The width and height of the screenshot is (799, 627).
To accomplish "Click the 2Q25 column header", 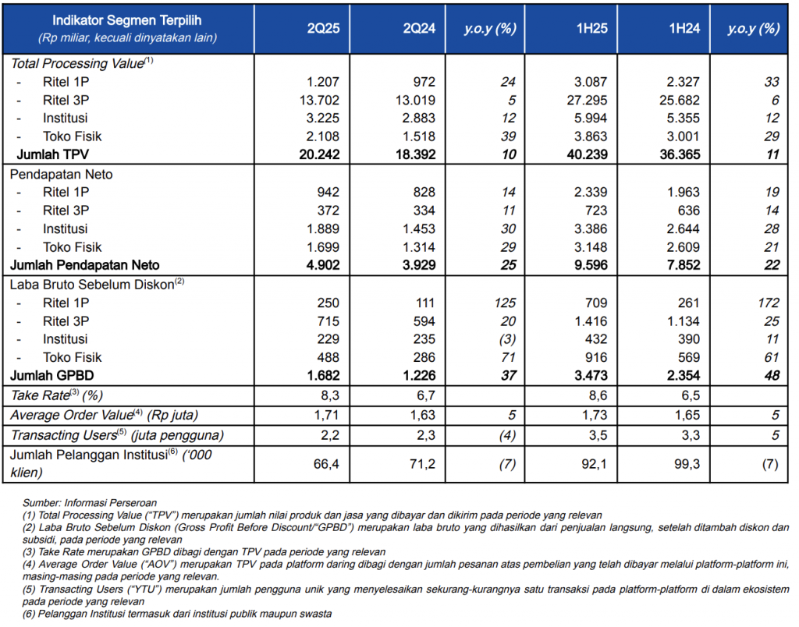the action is pyautogui.click(x=323, y=28).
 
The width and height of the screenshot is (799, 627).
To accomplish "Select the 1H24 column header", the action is pyautogui.click(x=684, y=28).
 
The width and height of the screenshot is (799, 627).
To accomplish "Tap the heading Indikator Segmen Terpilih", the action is pyautogui.click(x=127, y=20).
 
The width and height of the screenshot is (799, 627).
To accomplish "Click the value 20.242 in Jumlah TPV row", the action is pyautogui.click(x=319, y=154).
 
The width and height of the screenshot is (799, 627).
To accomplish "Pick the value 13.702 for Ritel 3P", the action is pyautogui.click(x=319, y=100).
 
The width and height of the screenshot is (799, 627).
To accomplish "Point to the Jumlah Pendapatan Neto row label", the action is pyautogui.click(x=84, y=265).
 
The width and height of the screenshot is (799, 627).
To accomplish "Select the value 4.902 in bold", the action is pyautogui.click(x=323, y=265).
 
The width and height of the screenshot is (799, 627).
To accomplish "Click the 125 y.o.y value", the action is pyautogui.click(x=505, y=303).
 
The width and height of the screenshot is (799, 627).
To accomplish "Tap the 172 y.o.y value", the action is pyautogui.click(x=769, y=303).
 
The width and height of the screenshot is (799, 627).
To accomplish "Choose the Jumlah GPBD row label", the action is pyautogui.click(x=52, y=375).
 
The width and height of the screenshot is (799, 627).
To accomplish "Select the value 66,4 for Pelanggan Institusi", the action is pyautogui.click(x=326, y=464).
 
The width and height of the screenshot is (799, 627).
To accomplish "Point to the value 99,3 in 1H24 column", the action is pyautogui.click(x=687, y=464).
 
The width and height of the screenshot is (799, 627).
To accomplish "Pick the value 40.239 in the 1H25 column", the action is pyautogui.click(x=587, y=154).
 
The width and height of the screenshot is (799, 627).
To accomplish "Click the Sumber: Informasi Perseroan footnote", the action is pyautogui.click(x=90, y=503).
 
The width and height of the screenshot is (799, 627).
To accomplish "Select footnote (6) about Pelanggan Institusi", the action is pyautogui.click(x=177, y=614).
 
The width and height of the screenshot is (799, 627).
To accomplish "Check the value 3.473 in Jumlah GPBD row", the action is pyautogui.click(x=591, y=375).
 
